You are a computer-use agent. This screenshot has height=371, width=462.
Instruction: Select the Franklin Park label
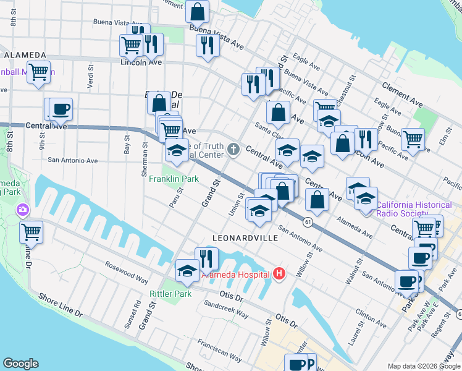coord(174,179)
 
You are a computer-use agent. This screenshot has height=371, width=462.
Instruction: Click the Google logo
coord(20,364)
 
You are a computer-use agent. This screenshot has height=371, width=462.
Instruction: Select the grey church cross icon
coord(233,148)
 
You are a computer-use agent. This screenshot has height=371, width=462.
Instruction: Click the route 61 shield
coord(307,221)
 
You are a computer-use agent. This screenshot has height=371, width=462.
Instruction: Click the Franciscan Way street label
coord(220,350)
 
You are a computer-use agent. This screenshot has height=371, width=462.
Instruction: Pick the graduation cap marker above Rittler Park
coord(187,270)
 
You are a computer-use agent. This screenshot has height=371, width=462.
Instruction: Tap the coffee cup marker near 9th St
coord(61,109)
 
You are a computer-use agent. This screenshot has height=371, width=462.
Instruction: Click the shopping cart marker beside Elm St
coord(413,139)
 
